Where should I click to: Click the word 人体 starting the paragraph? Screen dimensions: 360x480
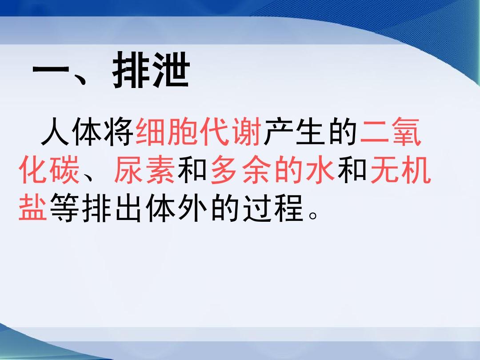(71, 132)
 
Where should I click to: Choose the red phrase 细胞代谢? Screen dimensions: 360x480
(198, 132)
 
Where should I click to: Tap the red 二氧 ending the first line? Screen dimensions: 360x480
(390, 132)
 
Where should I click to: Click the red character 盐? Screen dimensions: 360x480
(33, 208)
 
